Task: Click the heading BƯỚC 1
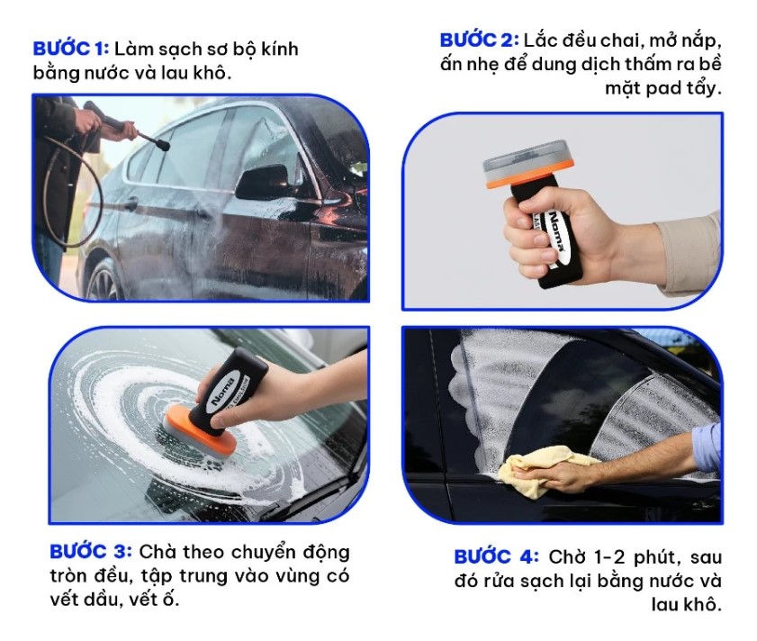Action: (70, 49)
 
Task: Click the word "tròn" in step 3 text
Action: (70, 575)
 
